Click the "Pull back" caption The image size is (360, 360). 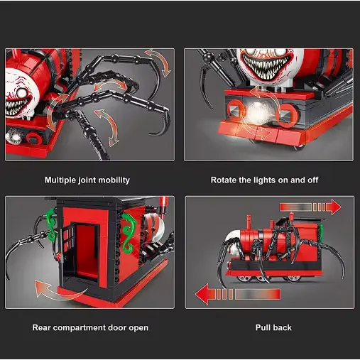click(x=273, y=328)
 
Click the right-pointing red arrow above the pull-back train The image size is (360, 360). click(x=310, y=207)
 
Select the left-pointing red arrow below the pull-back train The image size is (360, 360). click(x=238, y=294)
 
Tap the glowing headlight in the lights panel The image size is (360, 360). click(x=258, y=112)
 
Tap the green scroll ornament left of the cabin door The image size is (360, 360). click(x=52, y=225)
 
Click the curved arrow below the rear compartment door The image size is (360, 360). click(x=59, y=293)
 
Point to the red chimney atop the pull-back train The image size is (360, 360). click(x=249, y=222)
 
